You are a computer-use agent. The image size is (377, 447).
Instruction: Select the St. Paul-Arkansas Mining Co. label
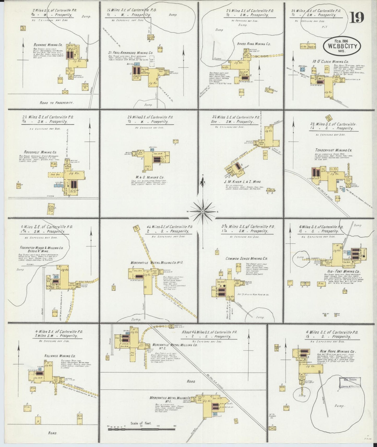[131, 53]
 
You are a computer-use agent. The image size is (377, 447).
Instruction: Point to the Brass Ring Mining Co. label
[254, 44]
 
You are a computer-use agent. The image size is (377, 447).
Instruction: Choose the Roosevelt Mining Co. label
[40, 152]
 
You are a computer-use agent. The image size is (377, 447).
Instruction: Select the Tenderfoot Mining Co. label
[333, 150]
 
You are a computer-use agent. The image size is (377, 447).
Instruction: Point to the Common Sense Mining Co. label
[246, 258]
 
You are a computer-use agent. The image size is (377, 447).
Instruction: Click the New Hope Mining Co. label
[338, 351]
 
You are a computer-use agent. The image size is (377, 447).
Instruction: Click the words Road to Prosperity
[56, 103]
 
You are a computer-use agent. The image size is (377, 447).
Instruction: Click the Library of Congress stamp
[350, 383]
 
